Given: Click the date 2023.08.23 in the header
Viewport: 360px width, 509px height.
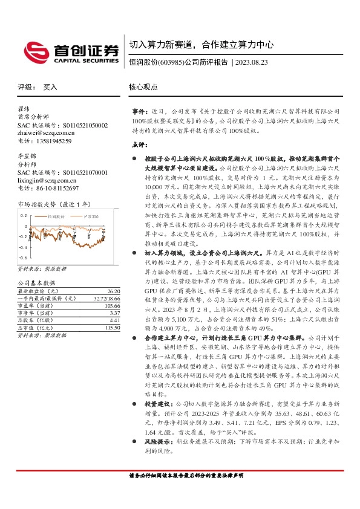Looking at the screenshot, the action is point(252,62).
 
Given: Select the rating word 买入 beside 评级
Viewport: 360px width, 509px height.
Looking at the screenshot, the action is point(50,87).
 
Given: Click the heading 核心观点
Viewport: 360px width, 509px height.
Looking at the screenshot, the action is point(143,87).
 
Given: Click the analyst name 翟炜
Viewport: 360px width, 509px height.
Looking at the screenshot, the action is point(24,110).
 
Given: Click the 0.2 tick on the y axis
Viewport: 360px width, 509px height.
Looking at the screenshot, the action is point(24,216).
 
